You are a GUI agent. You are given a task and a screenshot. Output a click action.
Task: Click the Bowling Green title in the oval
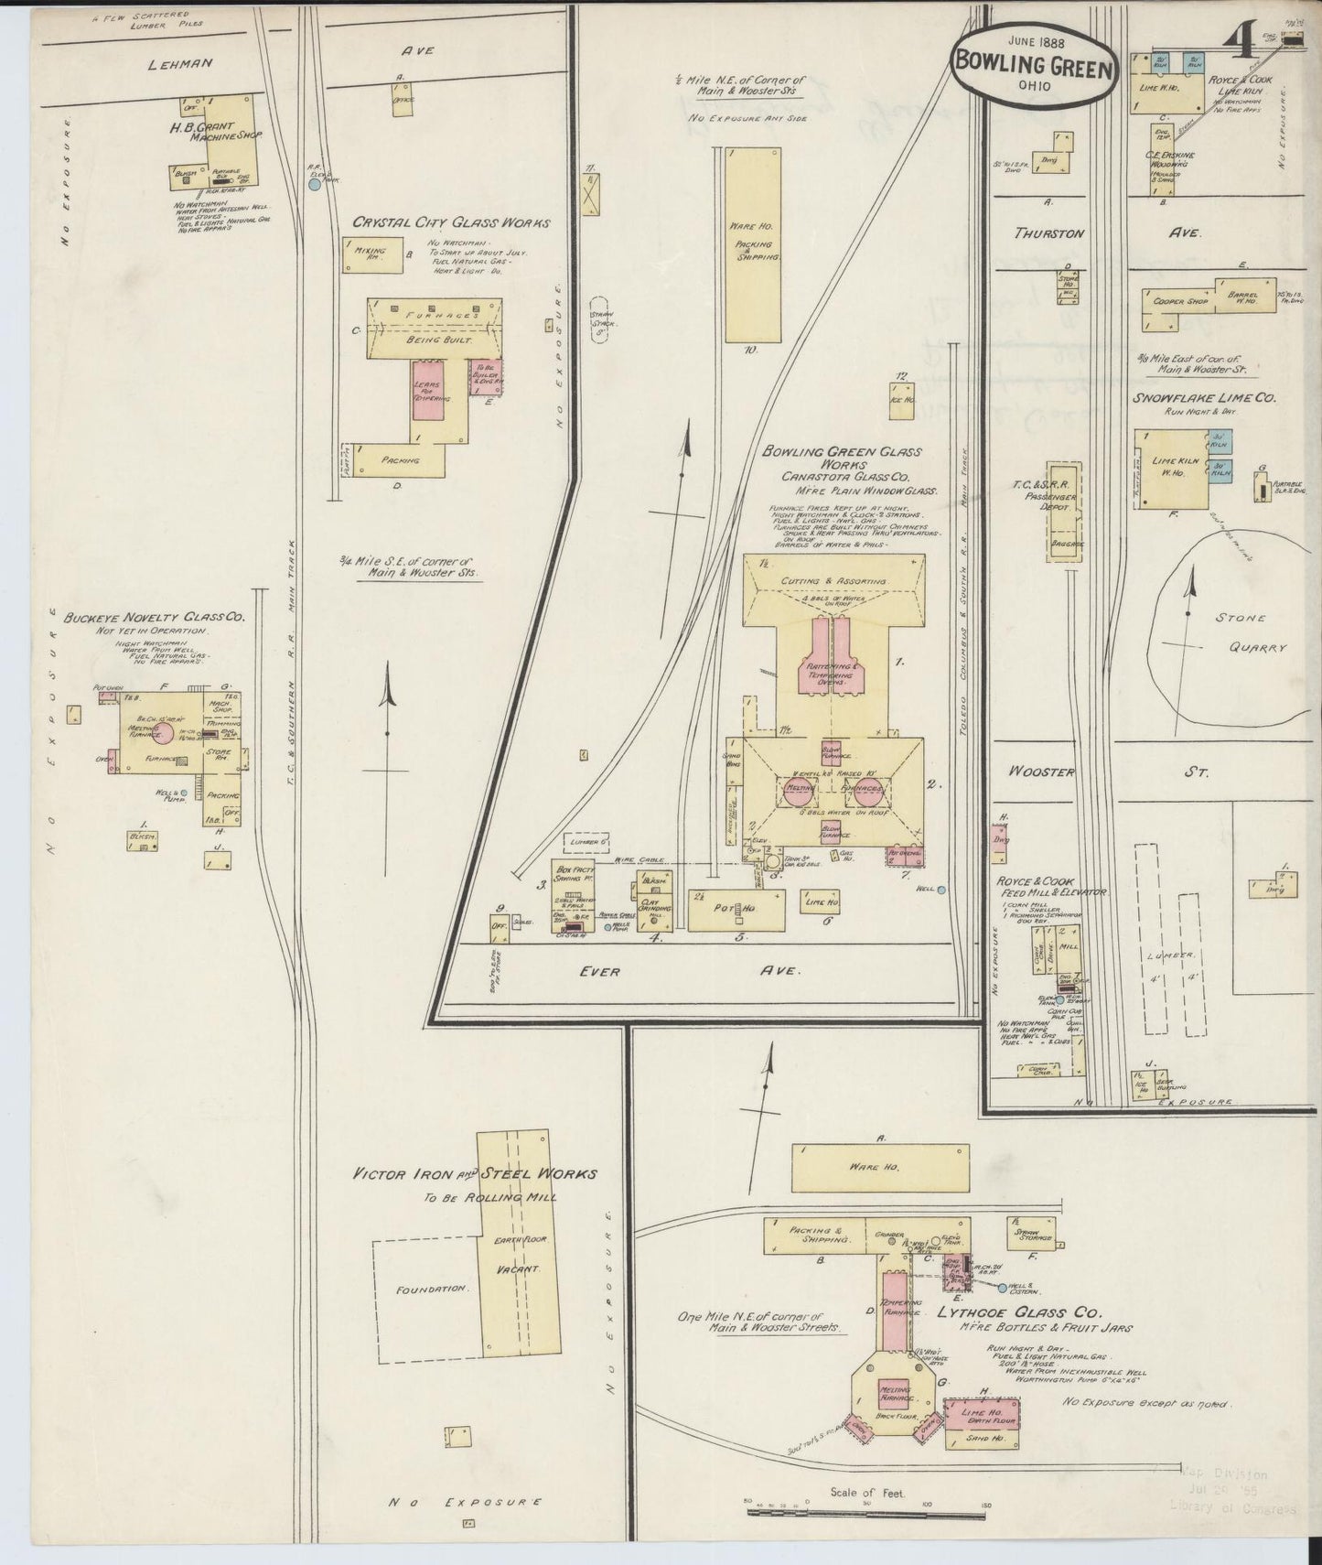(x=1034, y=66)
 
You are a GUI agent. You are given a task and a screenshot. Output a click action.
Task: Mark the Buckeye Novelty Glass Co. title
(x=154, y=619)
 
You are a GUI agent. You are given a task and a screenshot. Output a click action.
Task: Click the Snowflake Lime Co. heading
(x=1205, y=398)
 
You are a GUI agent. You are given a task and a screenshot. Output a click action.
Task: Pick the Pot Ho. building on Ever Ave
(x=736, y=910)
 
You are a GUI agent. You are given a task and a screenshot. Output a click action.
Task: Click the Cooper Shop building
(x=1182, y=301)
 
